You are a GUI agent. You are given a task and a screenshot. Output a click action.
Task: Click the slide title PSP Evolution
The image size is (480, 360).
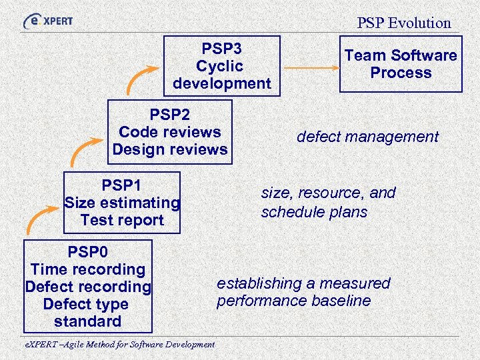pyautogui.click(x=403, y=23)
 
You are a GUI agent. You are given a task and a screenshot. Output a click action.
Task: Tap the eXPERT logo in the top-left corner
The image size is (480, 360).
pyautogui.click(x=48, y=21)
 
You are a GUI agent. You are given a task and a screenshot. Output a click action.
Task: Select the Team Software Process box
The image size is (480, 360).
pyautogui.click(x=401, y=64)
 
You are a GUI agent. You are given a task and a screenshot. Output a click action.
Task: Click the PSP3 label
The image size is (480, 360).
pyautogui.click(x=221, y=49)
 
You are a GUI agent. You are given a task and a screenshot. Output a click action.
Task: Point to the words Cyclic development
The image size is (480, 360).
pyautogui.click(x=221, y=75)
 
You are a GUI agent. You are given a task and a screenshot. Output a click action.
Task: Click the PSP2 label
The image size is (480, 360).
pyautogui.click(x=169, y=115)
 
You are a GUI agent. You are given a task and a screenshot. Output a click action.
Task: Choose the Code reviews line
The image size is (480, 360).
pyautogui.click(x=169, y=132)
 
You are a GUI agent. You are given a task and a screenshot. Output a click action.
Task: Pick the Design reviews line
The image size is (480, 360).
pyautogui.click(x=169, y=149)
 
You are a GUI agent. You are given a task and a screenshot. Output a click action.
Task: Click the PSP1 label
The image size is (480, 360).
pyautogui.click(x=121, y=185)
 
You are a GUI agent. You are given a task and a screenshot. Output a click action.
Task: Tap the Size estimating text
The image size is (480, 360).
pyautogui.click(x=121, y=202)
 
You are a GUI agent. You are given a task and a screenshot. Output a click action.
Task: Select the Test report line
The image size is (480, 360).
pyautogui.click(x=121, y=220)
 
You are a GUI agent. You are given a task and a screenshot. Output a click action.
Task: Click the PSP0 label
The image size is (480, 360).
pyautogui.click(x=87, y=252)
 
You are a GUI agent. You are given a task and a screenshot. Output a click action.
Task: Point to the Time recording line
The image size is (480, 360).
pyautogui.click(x=87, y=269)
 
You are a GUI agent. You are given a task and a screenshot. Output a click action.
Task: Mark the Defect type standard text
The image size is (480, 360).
pyautogui.click(x=87, y=313)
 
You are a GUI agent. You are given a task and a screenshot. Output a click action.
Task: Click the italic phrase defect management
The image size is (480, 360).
pyautogui.click(x=367, y=137)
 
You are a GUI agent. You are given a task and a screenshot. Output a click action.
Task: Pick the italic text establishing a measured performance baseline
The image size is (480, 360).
pyautogui.click(x=303, y=292)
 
